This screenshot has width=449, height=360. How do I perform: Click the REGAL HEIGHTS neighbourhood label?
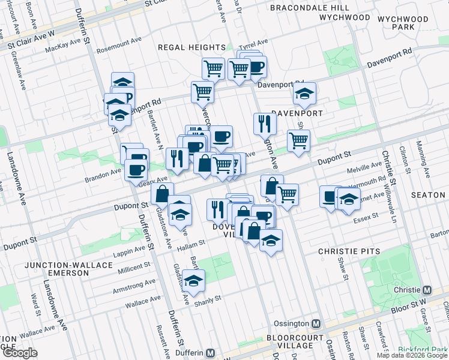click(x=191, y=47)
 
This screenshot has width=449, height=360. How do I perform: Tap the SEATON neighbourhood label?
click(x=428, y=196)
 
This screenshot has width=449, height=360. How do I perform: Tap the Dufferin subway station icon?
click(x=210, y=353)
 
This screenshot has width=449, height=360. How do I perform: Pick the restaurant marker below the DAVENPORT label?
click(x=265, y=124)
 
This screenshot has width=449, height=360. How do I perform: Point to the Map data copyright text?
click(x=411, y=355)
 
